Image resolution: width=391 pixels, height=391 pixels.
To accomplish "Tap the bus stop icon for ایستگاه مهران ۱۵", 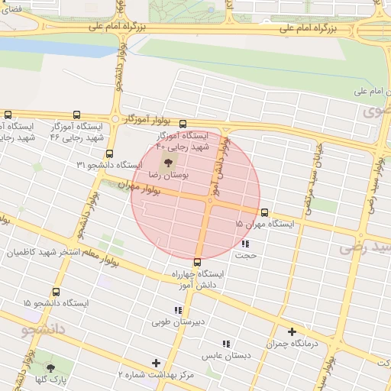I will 265,212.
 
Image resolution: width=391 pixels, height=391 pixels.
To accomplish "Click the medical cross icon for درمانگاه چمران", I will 292,331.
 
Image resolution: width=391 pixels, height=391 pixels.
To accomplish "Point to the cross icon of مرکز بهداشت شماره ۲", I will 157,363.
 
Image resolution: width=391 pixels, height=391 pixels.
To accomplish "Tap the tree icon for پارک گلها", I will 50,368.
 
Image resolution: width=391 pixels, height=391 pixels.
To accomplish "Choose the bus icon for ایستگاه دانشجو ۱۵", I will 57,291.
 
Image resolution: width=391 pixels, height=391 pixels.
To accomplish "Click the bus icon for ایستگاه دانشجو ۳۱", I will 109,153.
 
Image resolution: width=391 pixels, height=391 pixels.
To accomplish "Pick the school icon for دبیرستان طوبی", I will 178,310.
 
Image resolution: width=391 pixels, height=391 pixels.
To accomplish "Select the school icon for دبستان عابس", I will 225,344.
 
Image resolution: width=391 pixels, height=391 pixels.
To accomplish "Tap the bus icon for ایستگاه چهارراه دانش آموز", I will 197,262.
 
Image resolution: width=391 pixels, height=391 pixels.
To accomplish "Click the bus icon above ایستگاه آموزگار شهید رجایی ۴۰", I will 183,124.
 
